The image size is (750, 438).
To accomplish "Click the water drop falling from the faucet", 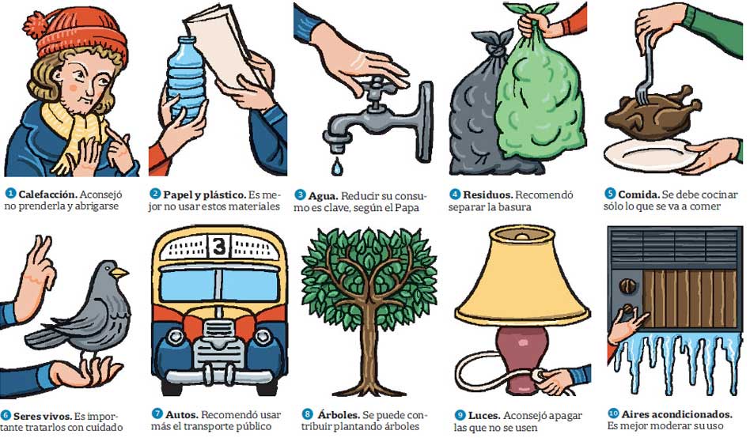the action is pyautogui.click(x=337, y=166).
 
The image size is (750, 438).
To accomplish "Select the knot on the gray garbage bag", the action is pyautogui.click(x=494, y=43).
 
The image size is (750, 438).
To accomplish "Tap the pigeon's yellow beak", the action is pyautogui.click(x=119, y=273).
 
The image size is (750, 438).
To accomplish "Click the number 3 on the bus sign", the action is pyautogui.click(x=219, y=247).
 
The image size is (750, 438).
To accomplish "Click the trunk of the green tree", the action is pyautogui.click(x=369, y=354).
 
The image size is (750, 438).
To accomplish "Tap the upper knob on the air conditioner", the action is pyautogui.click(x=625, y=286).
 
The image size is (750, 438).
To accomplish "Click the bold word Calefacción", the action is pyautogui.click(x=47, y=195).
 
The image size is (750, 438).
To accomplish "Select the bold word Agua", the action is pyautogui.click(x=323, y=196).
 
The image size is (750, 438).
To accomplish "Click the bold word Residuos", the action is pyautogui.click(x=488, y=195).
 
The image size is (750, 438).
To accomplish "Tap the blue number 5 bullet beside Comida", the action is pyautogui.click(x=610, y=194).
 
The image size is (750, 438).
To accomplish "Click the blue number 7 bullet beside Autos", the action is pyautogui.click(x=157, y=414).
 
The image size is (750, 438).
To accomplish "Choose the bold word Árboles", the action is pyautogui.click(x=339, y=414).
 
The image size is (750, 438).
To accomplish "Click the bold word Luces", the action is pyautogui.click(x=484, y=416).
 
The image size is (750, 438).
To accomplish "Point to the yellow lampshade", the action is pyautogui.click(x=522, y=282).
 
